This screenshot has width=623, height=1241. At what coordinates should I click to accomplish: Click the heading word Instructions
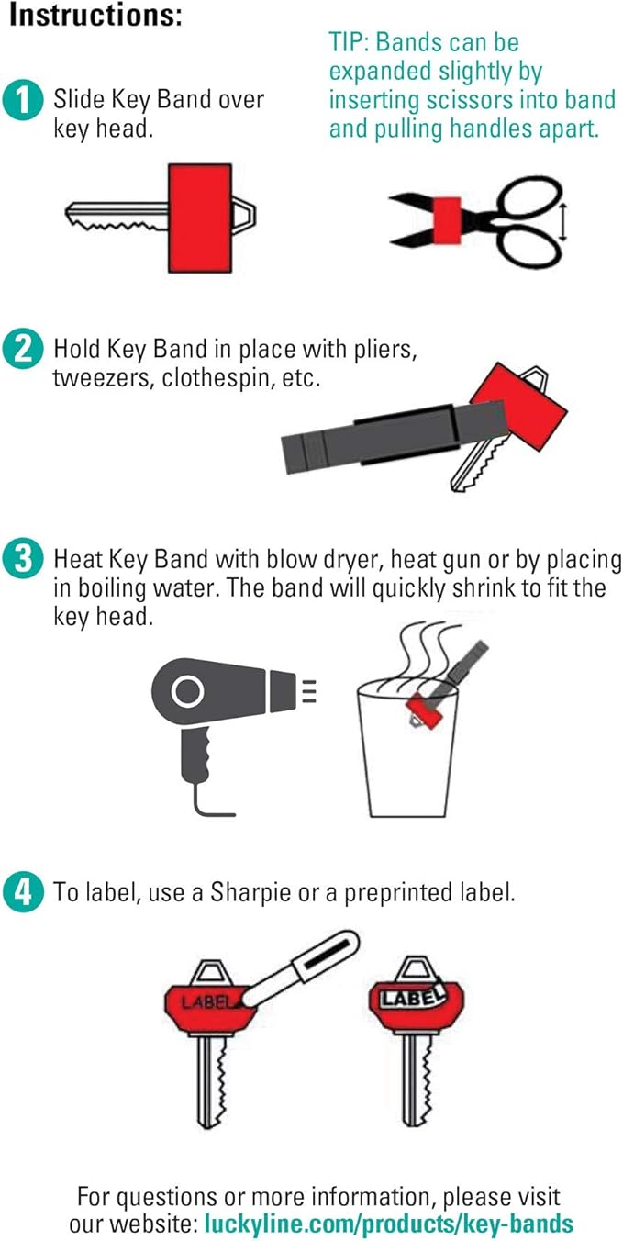[95, 15]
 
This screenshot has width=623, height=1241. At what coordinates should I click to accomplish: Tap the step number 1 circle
[23, 101]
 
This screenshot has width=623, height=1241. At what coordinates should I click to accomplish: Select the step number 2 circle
[23, 349]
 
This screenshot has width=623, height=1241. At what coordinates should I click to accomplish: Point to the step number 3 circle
[23, 558]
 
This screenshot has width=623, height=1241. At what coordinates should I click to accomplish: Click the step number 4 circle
[23, 892]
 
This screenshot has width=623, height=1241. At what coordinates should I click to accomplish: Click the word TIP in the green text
[349, 42]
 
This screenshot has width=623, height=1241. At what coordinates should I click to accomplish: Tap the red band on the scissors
[448, 220]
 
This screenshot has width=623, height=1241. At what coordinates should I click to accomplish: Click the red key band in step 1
[200, 218]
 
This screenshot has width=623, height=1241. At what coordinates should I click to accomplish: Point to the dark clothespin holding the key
[395, 437]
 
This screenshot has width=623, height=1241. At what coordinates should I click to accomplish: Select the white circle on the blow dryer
[187, 691]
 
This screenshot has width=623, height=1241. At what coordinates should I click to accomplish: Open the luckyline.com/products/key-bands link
[389, 1224]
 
